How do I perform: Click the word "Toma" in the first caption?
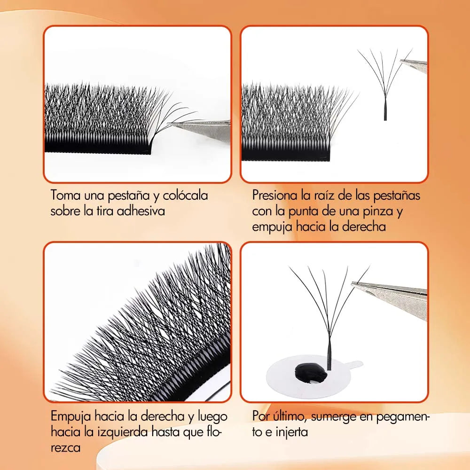(x=65, y=195)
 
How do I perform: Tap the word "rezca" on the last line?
(x=66, y=448)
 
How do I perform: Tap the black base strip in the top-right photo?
(x=286, y=154)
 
